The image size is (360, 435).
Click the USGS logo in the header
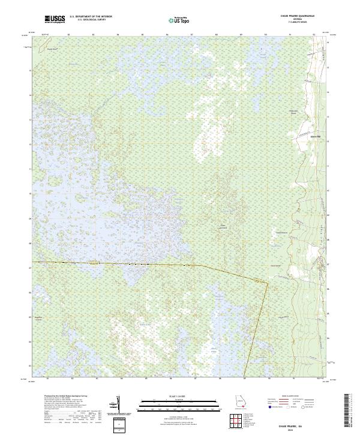tap(55, 20)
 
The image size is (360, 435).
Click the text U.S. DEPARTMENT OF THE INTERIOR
tap(91, 17)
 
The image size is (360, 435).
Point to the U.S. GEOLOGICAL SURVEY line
tap(91, 20)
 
